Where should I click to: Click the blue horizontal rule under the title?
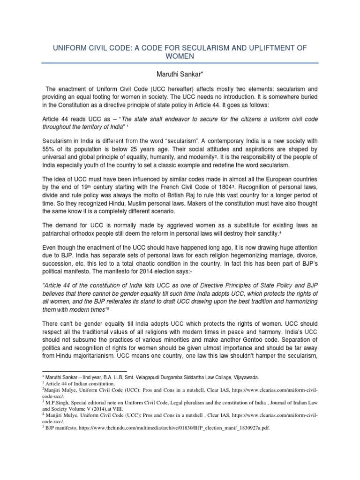[x=180, y=63]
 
